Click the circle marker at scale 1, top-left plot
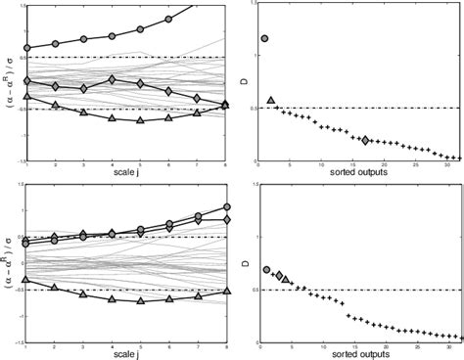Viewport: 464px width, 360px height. tap(26, 48)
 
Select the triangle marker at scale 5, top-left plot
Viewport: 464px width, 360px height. tap(140, 120)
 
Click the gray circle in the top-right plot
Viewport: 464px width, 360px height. tap(265, 39)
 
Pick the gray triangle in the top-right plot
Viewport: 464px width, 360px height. tap(271, 101)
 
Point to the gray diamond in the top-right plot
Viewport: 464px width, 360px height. tap(365, 141)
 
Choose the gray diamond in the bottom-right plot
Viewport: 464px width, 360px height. tap(278, 276)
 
